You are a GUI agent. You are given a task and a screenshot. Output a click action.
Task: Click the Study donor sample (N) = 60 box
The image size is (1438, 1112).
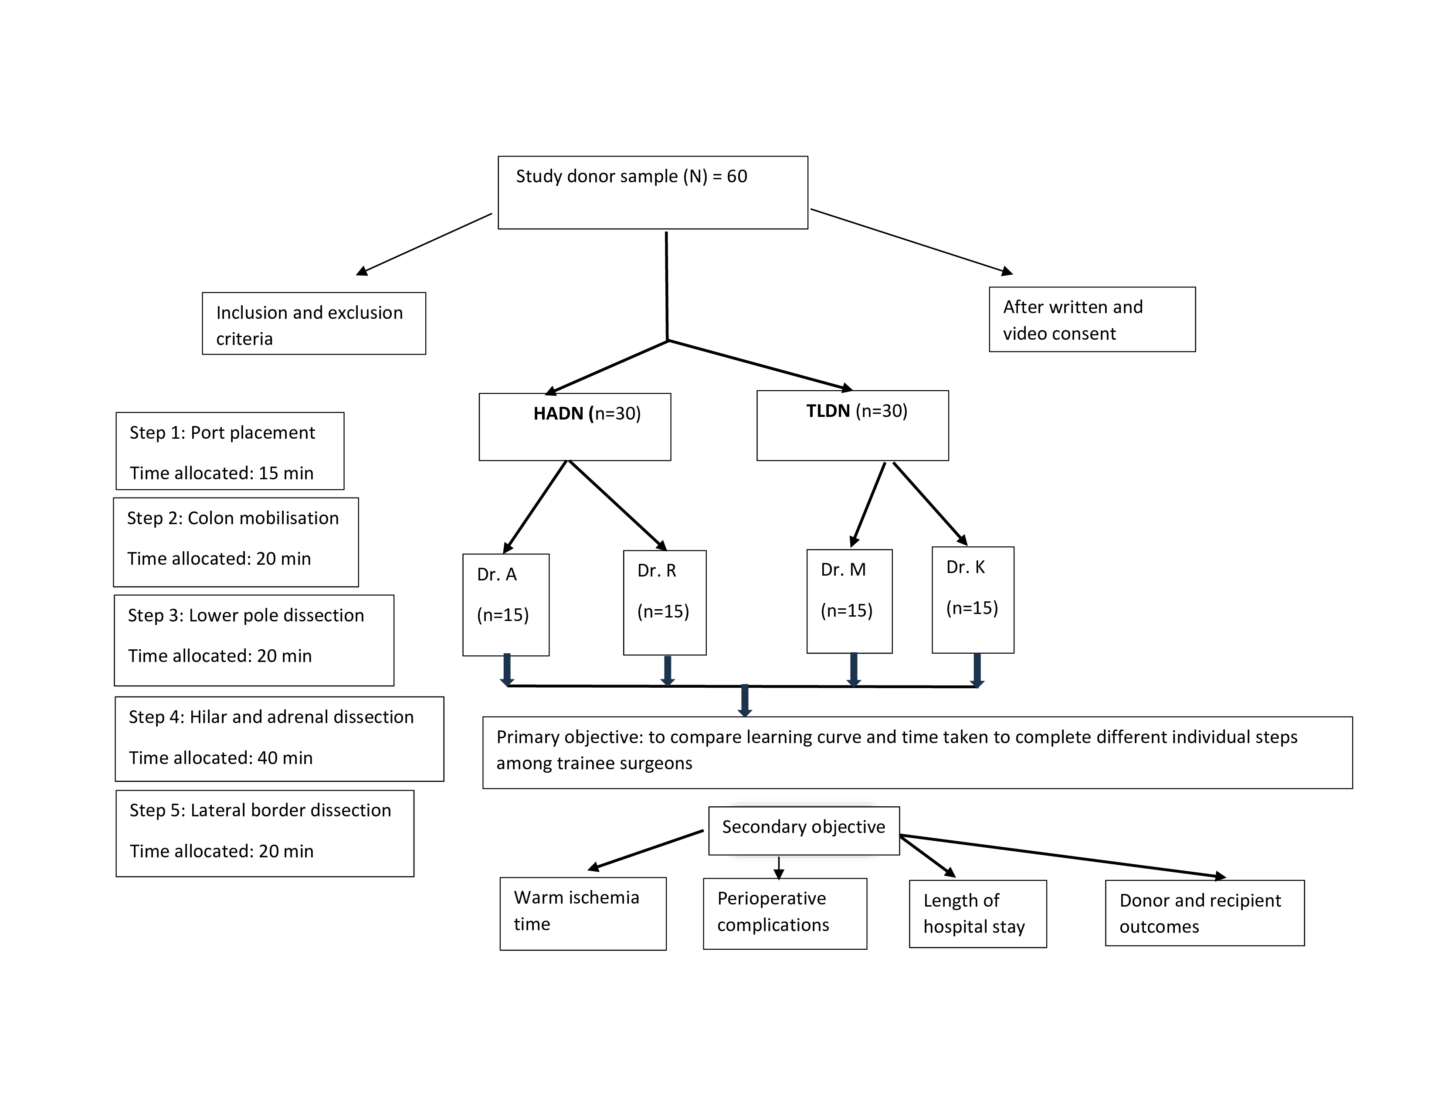[652, 192]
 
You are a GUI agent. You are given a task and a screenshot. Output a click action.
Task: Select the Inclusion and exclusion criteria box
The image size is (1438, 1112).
[314, 324]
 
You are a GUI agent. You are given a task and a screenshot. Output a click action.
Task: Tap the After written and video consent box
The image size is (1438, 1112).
[1092, 320]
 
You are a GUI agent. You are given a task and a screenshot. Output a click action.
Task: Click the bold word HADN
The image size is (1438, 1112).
[558, 414]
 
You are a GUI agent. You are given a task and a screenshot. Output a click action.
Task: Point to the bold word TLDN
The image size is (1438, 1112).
[828, 411]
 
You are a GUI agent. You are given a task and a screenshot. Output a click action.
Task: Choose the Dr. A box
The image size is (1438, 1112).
[505, 605]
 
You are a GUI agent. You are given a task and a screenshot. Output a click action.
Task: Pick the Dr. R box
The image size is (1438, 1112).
[665, 603]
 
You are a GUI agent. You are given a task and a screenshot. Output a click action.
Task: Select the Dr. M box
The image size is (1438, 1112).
[849, 601]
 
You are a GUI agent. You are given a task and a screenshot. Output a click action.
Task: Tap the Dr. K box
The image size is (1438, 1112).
[973, 600]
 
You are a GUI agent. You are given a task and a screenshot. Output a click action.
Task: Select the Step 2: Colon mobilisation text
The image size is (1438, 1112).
[232, 518]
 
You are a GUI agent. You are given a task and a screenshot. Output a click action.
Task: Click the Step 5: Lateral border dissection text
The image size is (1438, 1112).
[260, 810]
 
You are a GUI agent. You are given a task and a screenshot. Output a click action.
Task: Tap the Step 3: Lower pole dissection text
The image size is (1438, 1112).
[246, 615]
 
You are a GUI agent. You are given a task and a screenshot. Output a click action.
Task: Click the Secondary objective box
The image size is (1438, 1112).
[804, 831]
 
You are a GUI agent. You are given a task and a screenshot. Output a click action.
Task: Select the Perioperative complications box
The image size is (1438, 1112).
[785, 914]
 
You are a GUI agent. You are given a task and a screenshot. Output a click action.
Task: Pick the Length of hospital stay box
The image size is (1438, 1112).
[978, 914]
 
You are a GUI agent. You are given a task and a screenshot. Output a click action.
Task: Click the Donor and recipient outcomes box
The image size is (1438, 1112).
[1205, 913]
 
